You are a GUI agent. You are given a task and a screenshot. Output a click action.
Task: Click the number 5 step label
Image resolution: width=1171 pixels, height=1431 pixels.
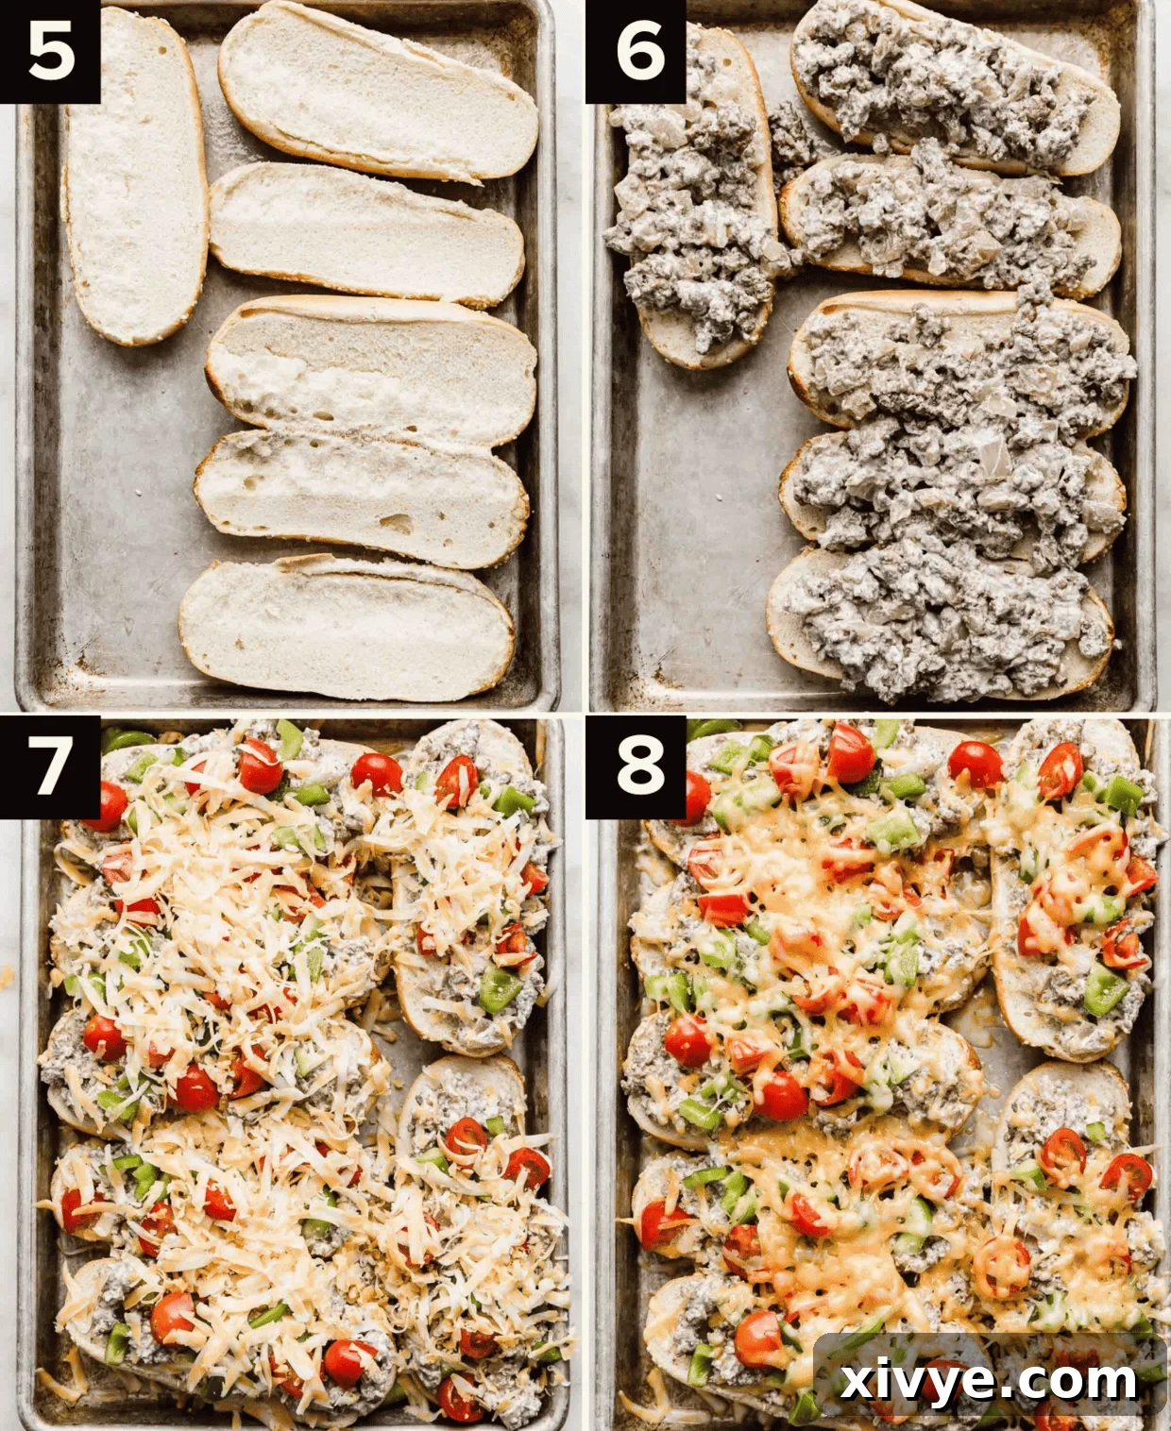click(50, 51)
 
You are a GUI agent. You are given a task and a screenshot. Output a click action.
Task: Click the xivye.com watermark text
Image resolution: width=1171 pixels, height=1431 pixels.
click(988, 1381)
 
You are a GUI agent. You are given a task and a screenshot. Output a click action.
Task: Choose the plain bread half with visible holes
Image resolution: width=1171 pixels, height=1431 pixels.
click(361, 497)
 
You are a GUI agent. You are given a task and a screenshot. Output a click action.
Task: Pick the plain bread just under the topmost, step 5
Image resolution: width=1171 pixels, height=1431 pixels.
click(366, 233)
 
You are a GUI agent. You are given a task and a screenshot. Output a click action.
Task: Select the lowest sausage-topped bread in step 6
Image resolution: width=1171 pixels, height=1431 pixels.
click(940, 618)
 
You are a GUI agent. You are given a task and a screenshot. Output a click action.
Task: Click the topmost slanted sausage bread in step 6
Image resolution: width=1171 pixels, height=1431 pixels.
click(954, 90)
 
